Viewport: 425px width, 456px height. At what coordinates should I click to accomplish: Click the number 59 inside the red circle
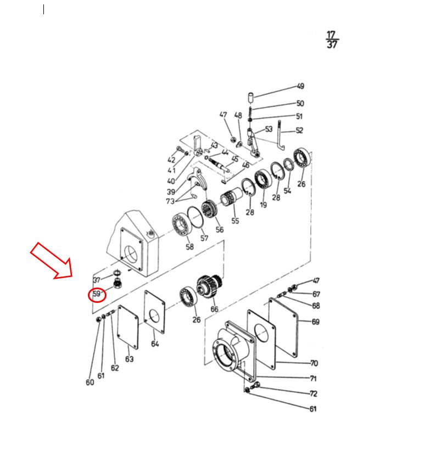click(96, 294)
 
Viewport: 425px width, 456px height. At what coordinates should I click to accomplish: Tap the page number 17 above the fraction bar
click(331, 35)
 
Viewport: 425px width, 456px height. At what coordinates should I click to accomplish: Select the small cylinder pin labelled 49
click(250, 97)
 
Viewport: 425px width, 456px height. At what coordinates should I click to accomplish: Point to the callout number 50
click(300, 103)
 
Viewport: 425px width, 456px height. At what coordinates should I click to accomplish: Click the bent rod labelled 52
click(281, 135)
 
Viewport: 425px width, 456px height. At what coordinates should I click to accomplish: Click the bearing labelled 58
click(181, 226)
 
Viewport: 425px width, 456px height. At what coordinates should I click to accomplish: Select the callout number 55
click(235, 221)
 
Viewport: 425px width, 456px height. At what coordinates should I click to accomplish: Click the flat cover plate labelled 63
click(128, 327)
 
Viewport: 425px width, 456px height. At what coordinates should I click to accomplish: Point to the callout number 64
click(155, 344)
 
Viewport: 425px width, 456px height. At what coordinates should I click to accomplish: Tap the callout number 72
click(313, 393)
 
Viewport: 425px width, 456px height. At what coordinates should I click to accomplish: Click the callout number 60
click(90, 382)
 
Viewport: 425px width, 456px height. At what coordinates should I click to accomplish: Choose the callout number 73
click(170, 201)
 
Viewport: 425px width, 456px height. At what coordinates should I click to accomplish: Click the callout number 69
click(316, 322)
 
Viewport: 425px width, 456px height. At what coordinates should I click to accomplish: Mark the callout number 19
click(263, 205)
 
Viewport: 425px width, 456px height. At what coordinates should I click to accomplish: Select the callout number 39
click(171, 192)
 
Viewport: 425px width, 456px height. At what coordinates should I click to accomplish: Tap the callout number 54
click(287, 190)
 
